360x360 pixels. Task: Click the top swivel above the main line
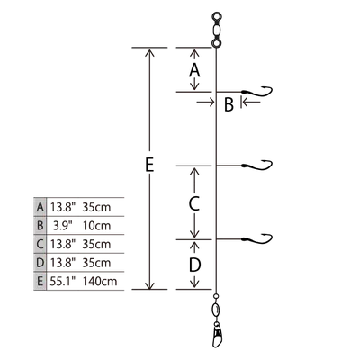point(216,30)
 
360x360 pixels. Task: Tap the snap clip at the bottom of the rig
point(217,334)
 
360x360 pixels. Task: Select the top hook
point(256,92)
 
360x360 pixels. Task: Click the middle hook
point(256,165)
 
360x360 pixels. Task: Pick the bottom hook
point(256,238)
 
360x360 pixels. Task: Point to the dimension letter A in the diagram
point(194,70)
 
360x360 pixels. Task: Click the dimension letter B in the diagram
point(229,104)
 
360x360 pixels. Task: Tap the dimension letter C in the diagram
point(194,203)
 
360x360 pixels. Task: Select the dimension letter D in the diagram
point(194,265)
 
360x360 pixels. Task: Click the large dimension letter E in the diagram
point(149,165)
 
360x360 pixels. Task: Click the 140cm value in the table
point(100,282)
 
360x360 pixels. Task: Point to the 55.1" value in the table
point(62,282)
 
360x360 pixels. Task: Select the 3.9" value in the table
point(63,226)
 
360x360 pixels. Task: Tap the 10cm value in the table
point(96,226)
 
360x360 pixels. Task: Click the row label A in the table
point(40,207)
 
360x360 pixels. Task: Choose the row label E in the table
point(40,282)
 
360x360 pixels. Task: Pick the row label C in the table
point(40,244)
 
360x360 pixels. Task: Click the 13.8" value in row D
point(62,263)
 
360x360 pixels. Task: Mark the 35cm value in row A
point(96,207)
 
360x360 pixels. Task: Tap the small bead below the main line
point(216,297)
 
